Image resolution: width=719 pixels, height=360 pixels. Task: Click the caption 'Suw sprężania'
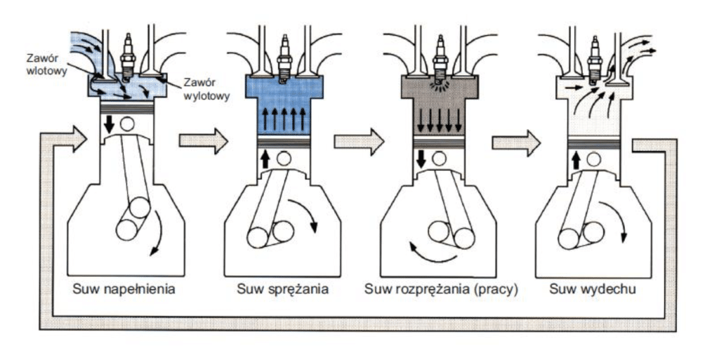(x=283, y=288)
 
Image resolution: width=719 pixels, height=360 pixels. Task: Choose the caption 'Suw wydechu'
(x=595, y=288)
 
